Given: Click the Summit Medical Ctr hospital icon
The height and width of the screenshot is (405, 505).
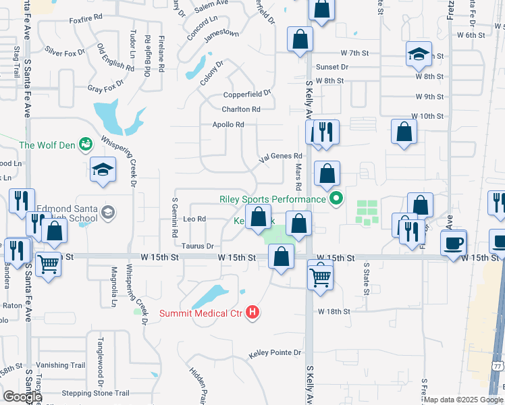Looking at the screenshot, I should click(x=252, y=312).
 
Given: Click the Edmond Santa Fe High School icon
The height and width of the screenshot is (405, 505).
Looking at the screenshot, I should click(x=107, y=213).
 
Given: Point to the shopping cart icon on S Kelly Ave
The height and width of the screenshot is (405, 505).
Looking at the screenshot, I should click(x=320, y=275).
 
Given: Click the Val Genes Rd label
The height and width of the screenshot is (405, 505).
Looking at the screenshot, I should click(x=280, y=156).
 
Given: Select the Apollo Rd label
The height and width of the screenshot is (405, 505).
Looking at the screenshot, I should click(x=228, y=124).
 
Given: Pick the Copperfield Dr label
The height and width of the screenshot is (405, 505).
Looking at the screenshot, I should click(x=247, y=92).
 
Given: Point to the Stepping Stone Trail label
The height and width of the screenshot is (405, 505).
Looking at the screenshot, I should click(x=95, y=393).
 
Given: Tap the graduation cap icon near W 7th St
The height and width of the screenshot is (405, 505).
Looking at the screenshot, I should click(x=419, y=55).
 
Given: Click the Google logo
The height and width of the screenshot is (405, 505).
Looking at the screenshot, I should click(x=22, y=397).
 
